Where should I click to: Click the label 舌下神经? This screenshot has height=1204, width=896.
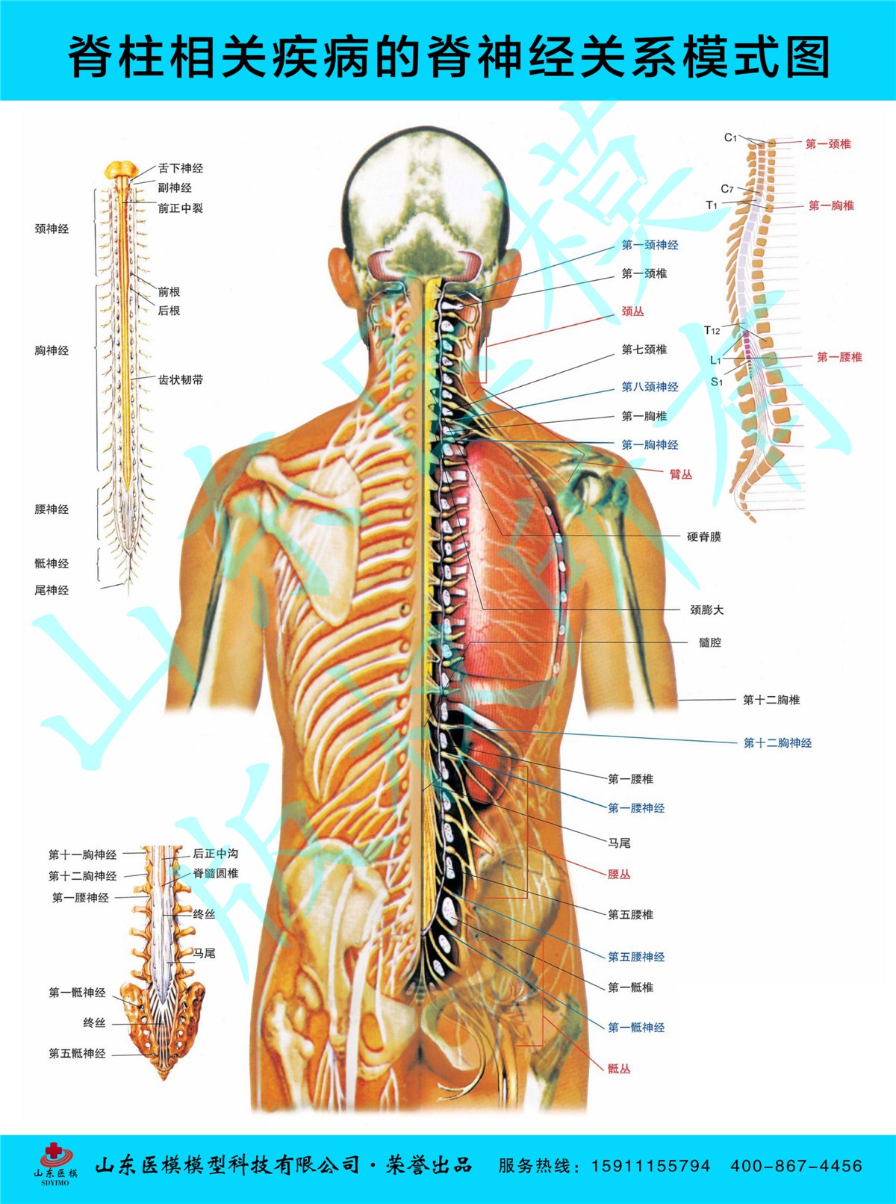pos(180,169)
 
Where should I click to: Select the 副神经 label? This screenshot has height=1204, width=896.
pos(174,188)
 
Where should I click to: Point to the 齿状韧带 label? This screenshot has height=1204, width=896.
pos(180,379)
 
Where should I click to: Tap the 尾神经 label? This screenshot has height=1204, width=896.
pos(52,590)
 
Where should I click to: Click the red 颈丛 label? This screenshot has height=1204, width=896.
pos(632,311)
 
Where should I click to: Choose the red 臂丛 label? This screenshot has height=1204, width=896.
pos(680,474)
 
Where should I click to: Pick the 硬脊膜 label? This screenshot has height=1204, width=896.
pos(703,537)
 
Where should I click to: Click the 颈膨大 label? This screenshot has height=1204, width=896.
pos(706,610)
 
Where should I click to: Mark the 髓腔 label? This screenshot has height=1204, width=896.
pos(709,642)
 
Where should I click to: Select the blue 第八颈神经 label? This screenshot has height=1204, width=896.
pos(650,387)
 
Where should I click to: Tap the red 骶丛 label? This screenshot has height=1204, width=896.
pos(618,1069)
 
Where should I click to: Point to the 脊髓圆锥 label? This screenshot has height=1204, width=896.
pos(215,873)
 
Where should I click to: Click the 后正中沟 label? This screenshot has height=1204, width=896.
pos(215,854)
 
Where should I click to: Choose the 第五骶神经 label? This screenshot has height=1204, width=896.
pos(77,1054)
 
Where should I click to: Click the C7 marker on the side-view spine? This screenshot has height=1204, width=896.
pos(727,189)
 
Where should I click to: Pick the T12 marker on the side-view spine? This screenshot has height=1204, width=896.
pos(712,330)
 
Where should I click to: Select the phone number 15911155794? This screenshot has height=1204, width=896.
pos(650,1166)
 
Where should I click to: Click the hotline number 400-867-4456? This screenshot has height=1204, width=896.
pos(796,1166)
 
